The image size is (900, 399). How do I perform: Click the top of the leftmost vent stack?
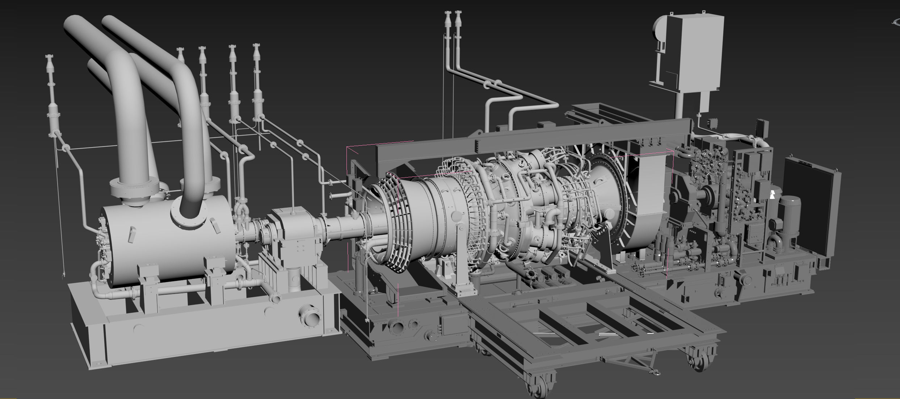50,58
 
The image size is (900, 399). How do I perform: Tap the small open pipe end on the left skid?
276,298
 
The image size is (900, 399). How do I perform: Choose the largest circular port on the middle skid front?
398,328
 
